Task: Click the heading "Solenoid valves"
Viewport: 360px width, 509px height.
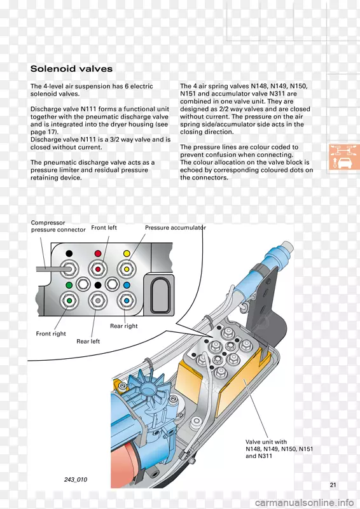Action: click(x=71, y=69)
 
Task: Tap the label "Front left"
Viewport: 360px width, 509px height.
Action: click(x=104, y=228)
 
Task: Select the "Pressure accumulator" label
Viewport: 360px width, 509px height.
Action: click(x=176, y=228)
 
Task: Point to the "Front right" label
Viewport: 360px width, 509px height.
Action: click(x=51, y=333)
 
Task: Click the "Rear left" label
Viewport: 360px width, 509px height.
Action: click(x=88, y=341)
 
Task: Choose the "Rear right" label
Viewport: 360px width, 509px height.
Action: click(x=123, y=326)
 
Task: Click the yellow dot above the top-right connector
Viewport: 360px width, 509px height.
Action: click(x=127, y=253)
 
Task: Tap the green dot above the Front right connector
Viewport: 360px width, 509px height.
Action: click(x=69, y=285)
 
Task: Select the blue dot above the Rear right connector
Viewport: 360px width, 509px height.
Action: click(x=127, y=285)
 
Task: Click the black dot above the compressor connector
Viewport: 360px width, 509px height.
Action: click(x=69, y=253)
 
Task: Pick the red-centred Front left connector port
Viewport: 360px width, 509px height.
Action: click(x=98, y=269)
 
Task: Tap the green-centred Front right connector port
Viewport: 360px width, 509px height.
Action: click(x=69, y=300)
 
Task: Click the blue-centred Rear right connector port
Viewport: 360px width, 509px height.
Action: click(x=127, y=300)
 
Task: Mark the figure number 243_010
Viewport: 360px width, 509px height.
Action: click(x=76, y=480)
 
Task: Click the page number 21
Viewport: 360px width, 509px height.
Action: click(x=333, y=485)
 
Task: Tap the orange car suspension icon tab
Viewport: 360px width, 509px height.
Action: click(x=344, y=157)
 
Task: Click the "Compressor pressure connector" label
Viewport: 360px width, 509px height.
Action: click(x=58, y=227)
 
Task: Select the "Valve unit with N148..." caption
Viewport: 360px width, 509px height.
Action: click(x=279, y=449)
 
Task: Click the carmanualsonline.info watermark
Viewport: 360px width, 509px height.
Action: click(x=304, y=503)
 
